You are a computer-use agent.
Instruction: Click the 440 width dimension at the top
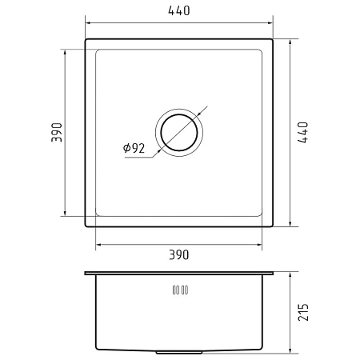[x=179, y=10]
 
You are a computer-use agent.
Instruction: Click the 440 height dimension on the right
[x=303, y=133]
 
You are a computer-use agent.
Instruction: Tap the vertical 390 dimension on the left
[x=57, y=132]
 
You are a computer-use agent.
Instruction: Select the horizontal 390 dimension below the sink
[x=179, y=254]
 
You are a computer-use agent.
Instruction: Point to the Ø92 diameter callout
[x=134, y=148]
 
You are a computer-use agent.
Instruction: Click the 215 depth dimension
[x=303, y=312]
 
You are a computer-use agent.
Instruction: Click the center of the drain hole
[x=179, y=132]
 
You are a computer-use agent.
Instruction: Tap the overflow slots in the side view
[x=180, y=290]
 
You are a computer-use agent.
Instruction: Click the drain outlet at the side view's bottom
[x=179, y=352]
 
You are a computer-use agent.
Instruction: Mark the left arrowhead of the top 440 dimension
[x=88, y=23]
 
